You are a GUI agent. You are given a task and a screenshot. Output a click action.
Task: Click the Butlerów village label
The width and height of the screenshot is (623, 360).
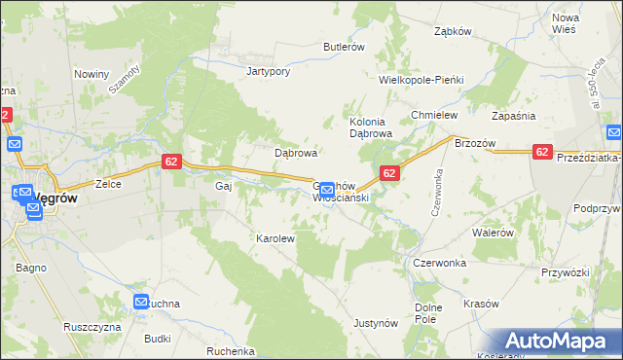click(x=344, y=47)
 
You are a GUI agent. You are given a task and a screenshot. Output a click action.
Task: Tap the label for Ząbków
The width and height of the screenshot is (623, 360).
click(x=453, y=30)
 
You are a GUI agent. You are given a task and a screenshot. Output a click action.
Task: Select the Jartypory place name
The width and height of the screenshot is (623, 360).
click(x=269, y=71)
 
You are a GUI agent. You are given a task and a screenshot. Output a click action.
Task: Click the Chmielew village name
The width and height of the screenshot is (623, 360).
click(x=434, y=115)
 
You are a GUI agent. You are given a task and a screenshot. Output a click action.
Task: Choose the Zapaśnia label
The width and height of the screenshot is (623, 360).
click(x=514, y=115)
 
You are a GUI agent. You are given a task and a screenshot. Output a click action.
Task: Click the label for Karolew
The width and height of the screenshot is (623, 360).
click(x=275, y=237)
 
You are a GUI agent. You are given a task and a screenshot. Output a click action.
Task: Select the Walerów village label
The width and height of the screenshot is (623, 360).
click(x=492, y=233)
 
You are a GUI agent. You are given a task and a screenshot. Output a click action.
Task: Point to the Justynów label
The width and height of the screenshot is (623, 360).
click(x=377, y=322)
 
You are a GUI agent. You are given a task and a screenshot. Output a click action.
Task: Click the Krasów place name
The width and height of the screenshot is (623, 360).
click(x=481, y=304)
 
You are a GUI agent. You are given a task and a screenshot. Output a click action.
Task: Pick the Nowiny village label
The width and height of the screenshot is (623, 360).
click(x=91, y=74)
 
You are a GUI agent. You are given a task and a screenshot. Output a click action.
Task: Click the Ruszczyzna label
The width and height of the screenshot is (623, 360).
click(x=92, y=327)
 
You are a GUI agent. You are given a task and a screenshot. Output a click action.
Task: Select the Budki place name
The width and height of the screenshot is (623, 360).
click(x=157, y=339)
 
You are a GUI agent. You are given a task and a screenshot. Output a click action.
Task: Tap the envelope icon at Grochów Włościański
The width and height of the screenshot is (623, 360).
click(x=327, y=189)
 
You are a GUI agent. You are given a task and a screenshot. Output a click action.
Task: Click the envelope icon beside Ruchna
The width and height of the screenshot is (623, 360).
click(x=141, y=303)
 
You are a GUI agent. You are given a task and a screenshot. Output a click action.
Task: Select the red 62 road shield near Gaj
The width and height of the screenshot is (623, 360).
click(x=170, y=162)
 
